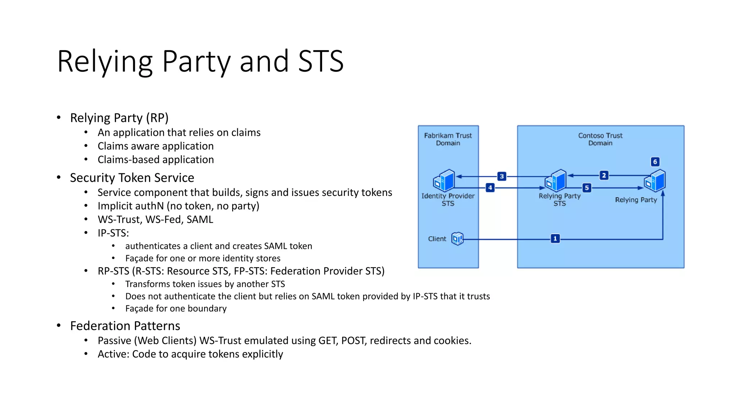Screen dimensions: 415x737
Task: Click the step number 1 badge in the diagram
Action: [555, 238]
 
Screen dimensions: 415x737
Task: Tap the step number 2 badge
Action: [604, 175]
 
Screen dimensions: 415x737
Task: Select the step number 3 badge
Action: [502, 176]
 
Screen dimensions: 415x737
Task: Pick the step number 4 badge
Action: [490, 188]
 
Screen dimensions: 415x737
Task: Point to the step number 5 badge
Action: [587, 188]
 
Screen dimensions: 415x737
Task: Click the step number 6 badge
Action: [655, 162]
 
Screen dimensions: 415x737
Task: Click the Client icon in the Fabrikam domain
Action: [457, 238]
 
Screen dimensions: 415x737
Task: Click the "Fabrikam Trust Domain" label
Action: [448, 139]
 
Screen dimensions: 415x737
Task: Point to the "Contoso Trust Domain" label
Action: [600, 139]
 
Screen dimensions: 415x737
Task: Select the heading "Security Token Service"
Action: [132, 178]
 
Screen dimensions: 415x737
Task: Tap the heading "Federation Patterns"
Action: [125, 326]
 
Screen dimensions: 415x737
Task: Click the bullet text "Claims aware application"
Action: [155, 146]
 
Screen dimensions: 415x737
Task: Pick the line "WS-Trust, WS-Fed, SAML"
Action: [155, 219]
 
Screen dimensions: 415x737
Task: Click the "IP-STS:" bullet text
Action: [113, 233]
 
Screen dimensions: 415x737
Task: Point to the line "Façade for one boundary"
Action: [176, 308]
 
